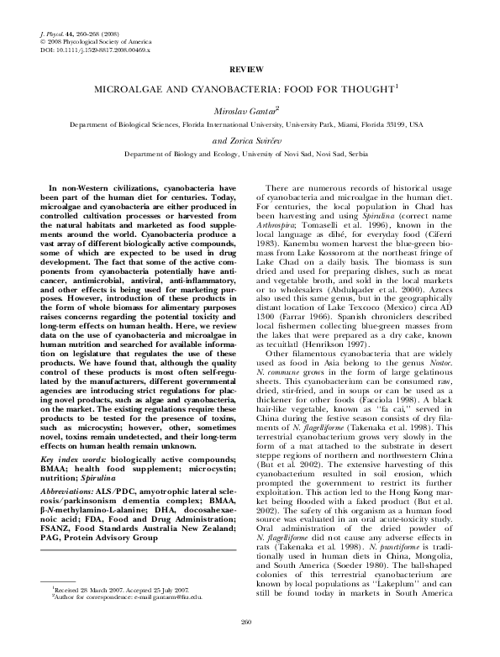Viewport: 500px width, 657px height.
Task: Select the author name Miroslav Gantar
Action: (x=249, y=110)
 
